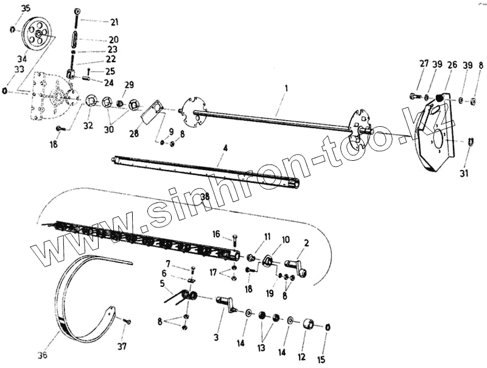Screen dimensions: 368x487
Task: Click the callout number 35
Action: [x=24, y=9]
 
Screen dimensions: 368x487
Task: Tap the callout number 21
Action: [x=114, y=22]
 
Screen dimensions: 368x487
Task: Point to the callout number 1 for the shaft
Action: [x=286, y=88]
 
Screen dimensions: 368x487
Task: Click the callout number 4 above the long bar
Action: [x=225, y=147]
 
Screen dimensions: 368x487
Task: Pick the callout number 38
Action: [x=205, y=197]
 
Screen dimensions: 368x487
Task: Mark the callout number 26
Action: [x=452, y=65]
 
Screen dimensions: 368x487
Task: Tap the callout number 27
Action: [x=424, y=65]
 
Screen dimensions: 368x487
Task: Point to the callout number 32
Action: [x=88, y=126]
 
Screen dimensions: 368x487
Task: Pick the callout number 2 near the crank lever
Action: [x=306, y=243]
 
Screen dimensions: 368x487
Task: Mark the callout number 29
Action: [x=128, y=85]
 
